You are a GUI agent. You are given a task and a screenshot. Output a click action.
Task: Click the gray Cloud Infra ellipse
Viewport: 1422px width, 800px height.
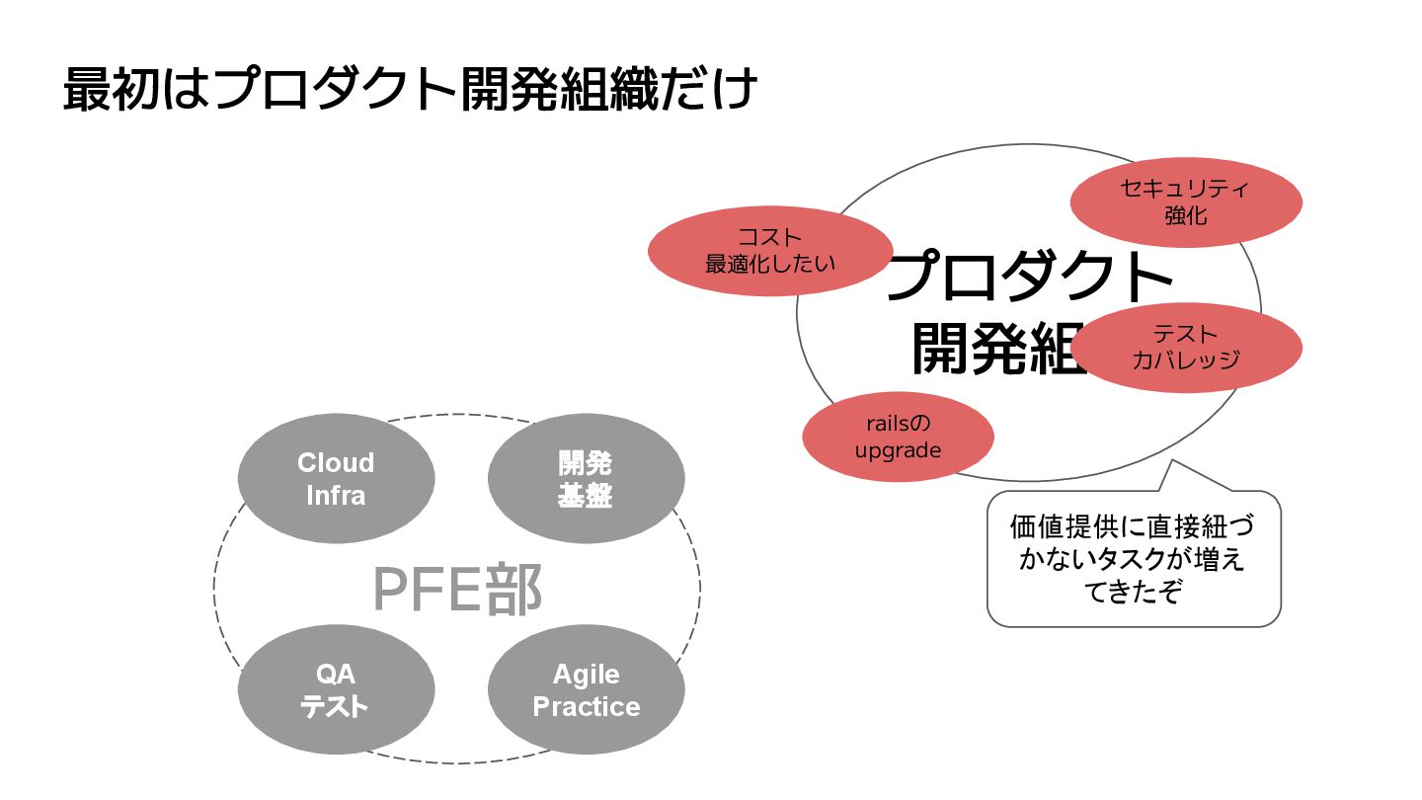[x=336, y=479]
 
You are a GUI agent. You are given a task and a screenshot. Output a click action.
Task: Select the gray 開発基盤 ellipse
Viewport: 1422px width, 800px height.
[x=586, y=479]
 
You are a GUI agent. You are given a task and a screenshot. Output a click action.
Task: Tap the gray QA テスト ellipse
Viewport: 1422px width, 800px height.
[x=336, y=690]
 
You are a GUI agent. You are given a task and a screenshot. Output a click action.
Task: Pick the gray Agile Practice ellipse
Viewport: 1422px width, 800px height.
[x=586, y=690]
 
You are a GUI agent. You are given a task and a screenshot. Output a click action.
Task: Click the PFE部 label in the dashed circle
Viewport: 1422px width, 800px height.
[x=457, y=591]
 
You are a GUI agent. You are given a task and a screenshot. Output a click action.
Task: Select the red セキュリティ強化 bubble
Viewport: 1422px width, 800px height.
[x=1186, y=201]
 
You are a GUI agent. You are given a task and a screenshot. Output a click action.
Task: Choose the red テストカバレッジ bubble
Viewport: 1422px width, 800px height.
[x=1186, y=348]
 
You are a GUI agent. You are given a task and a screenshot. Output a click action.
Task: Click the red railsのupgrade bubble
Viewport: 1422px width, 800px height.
[x=898, y=437]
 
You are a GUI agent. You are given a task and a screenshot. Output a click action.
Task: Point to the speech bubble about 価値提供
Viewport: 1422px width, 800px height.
[x=1134, y=559]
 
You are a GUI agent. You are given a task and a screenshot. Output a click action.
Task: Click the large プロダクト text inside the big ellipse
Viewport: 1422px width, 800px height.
[x=1027, y=278]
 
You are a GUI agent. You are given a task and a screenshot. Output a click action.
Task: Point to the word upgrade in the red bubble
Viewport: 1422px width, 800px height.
[x=898, y=450]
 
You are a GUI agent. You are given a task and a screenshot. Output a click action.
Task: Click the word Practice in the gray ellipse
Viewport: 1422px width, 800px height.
[x=586, y=707]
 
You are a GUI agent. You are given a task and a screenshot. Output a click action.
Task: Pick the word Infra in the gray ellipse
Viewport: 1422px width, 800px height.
[x=336, y=495]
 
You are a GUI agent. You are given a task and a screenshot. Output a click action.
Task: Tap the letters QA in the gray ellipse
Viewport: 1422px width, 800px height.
[x=336, y=675]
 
